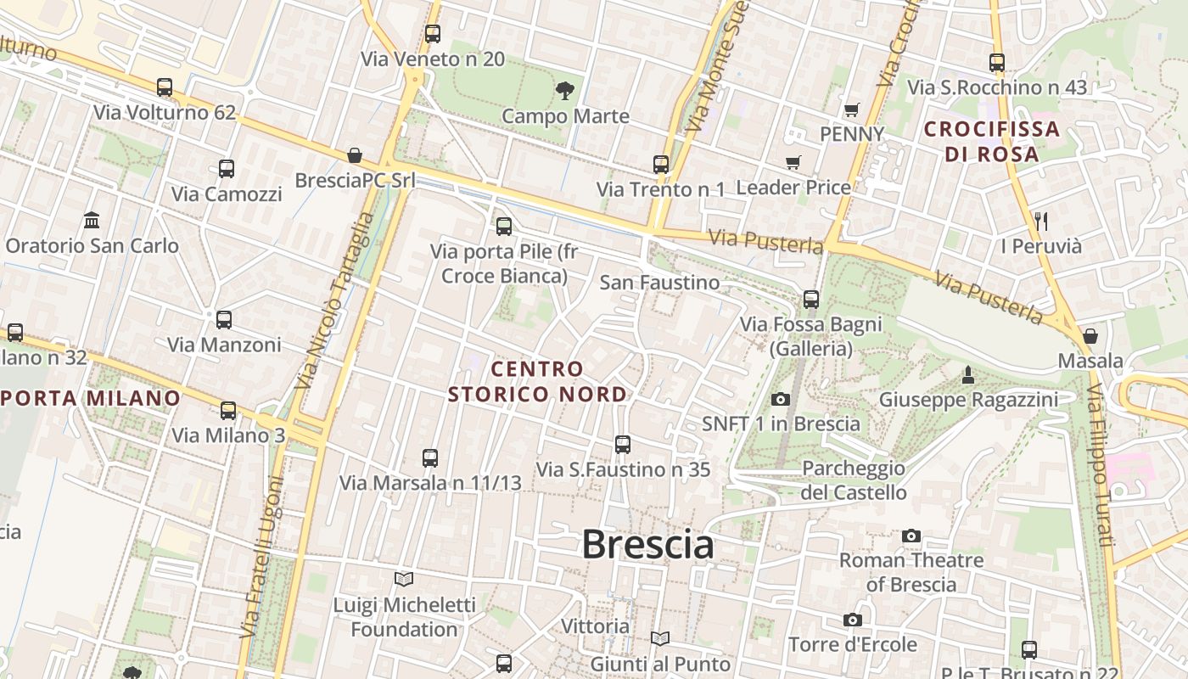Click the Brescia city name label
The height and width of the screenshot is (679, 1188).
click(x=647, y=544)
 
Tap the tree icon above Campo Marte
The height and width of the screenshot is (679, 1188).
click(x=564, y=90)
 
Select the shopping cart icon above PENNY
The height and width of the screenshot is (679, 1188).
click(x=851, y=109)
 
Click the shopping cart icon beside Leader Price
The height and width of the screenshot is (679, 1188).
click(x=793, y=162)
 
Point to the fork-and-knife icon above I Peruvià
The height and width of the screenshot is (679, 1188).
click(x=1041, y=222)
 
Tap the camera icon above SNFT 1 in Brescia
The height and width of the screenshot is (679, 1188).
click(x=781, y=399)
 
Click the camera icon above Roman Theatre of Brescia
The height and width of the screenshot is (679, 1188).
click(x=911, y=536)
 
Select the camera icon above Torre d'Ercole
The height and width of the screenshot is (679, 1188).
click(x=853, y=620)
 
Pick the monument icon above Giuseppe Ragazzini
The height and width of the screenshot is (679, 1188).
click(x=967, y=374)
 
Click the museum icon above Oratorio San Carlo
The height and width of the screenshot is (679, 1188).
click(x=92, y=221)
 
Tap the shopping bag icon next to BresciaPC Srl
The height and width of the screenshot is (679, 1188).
click(x=355, y=155)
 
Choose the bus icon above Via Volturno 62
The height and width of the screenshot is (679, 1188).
click(x=165, y=87)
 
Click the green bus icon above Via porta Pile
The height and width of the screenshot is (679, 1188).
click(x=504, y=226)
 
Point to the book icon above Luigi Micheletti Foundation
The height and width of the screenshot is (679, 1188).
click(x=404, y=580)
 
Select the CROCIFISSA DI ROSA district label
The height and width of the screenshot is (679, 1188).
click(x=991, y=142)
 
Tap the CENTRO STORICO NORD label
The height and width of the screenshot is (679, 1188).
click(x=537, y=381)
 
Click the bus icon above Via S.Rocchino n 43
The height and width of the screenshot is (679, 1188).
click(x=997, y=62)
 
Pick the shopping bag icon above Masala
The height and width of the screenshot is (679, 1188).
click(x=1090, y=336)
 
